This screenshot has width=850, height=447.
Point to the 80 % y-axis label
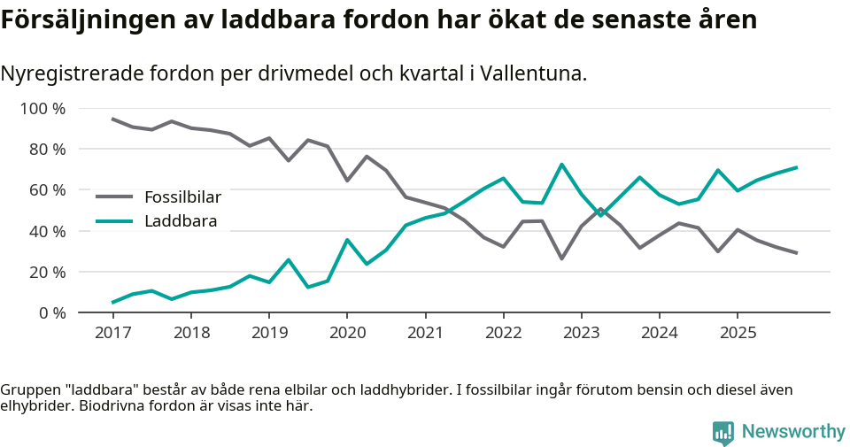(x=47, y=150)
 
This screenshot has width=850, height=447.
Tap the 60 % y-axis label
(x=47, y=190)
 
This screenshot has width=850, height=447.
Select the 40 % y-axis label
(x=47, y=231)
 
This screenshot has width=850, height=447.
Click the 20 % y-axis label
(x=47, y=272)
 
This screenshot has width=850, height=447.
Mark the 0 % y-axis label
(x=51, y=312)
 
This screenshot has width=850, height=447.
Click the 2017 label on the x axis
(x=112, y=333)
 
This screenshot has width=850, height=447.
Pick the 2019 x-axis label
(x=268, y=333)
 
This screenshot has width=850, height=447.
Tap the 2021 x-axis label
(x=425, y=333)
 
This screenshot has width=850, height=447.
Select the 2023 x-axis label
(x=581, y=333)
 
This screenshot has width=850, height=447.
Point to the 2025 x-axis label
(x=738, y=333)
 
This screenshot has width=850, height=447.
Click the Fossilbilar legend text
(x=182, y=197)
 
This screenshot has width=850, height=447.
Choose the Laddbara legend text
(x=181, y=221)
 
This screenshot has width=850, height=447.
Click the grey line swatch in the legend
(x=114, y=197)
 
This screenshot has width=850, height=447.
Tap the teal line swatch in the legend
(x=114, y=221)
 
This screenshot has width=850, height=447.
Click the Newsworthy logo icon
(x=723, y=432)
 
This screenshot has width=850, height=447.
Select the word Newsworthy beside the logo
(x=793, y=432)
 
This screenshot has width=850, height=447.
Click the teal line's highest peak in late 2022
(x=561, y=165)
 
